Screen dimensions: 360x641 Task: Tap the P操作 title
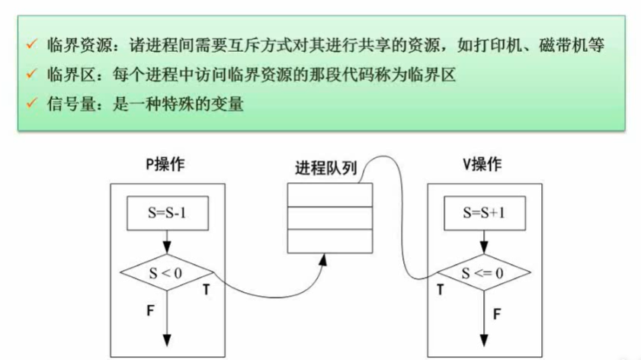[165, 164]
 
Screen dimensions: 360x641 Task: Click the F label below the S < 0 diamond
[150, 310]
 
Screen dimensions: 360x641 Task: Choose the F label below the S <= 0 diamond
[497, 312]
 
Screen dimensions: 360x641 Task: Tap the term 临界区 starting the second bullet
[66, 75]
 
